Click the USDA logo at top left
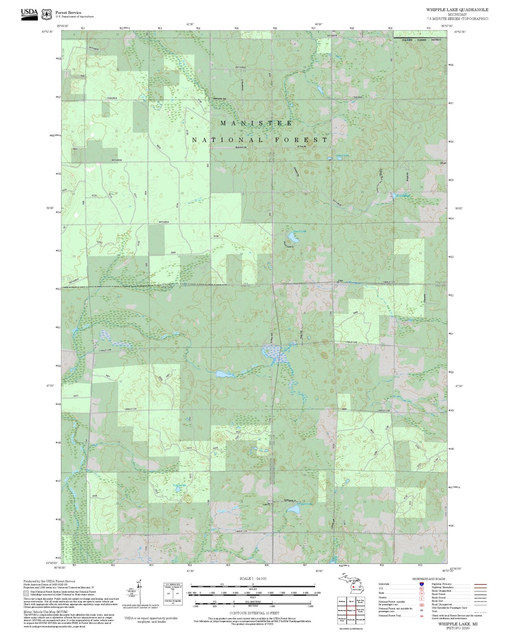click(x=29, y=14)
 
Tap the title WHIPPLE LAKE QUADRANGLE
click(x=457, y=10)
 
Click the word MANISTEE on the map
click(x=256, y=123)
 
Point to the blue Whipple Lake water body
click(x=293, y=509)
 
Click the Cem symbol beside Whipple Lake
click(x=269, y=504)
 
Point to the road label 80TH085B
click(x=117, y=160)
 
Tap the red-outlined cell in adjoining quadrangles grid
click(x=351, y=610)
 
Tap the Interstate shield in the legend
click(x=421, y=584)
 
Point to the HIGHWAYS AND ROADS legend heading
click(x=429, y=579)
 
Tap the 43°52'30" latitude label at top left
click(x=47, y=32)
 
